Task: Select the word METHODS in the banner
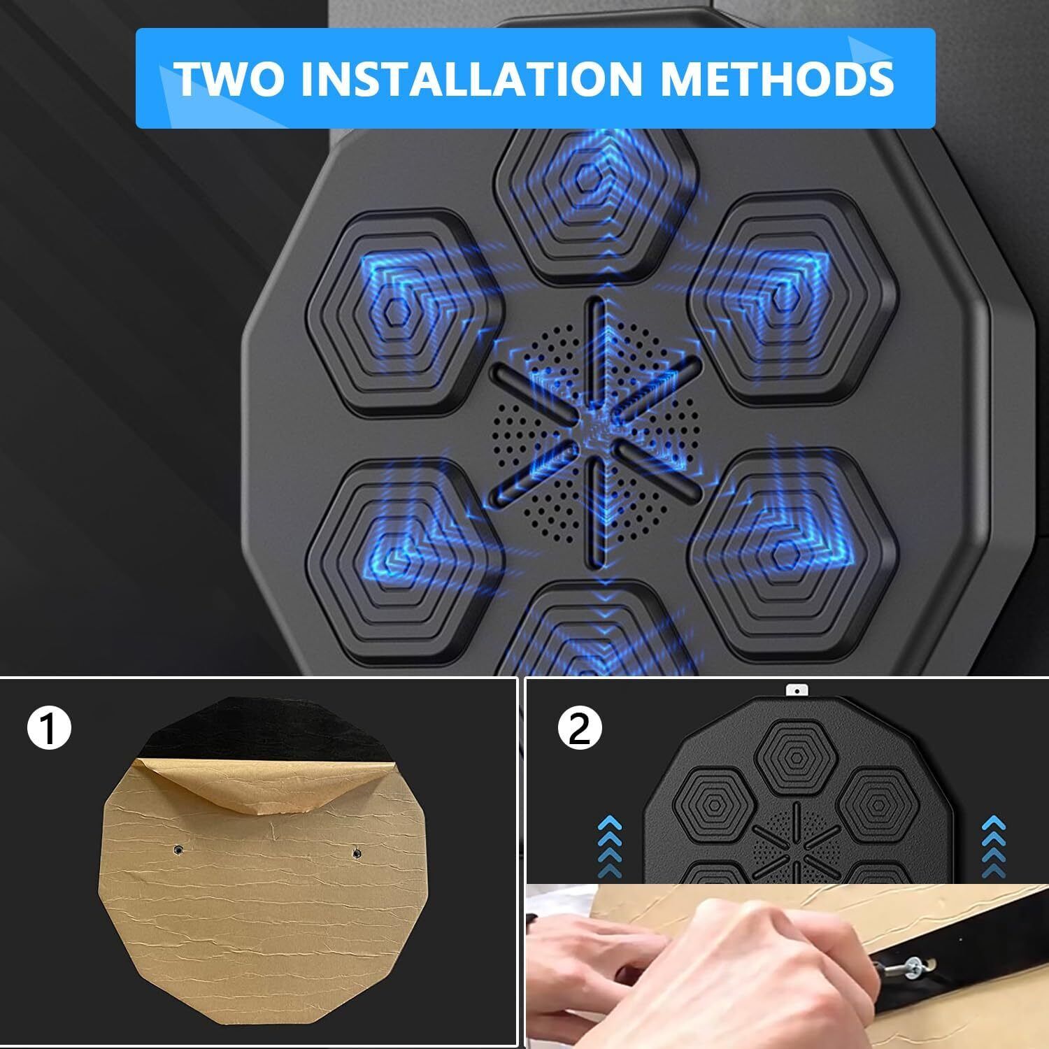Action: coord(777,78)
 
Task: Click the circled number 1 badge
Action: coord(49,729)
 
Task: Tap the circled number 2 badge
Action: coord(580,729)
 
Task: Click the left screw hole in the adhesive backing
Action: coord(178,850)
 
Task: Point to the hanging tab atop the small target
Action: coord(793,691)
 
